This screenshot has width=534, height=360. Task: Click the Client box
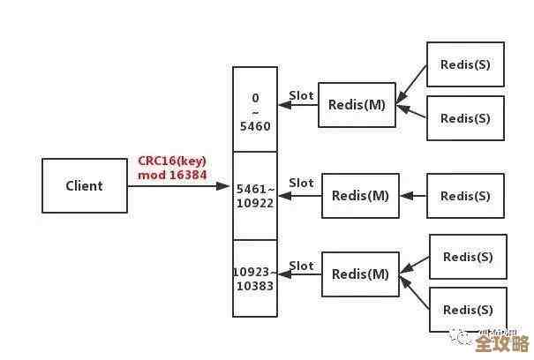point(85,186)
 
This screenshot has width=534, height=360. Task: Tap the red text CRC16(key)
point(171,161)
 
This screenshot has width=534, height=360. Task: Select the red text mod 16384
point(171,175)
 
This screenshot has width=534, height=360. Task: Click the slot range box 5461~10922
point(254,195)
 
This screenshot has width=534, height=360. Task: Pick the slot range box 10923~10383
point(254,278)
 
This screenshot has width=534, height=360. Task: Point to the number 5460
point(255,126)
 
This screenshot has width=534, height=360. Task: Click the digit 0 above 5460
point(255,97)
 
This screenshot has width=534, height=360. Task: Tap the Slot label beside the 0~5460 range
point(301,95)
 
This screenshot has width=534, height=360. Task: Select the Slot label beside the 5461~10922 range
point(301,183)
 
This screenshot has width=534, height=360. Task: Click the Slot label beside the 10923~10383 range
point(301,266)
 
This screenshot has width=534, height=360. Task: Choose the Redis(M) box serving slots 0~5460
point(357,105)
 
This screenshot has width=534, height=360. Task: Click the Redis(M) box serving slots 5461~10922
point(360,195)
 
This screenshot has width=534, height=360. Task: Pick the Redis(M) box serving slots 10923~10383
point(360,274)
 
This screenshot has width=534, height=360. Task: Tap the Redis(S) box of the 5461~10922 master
point(465,195)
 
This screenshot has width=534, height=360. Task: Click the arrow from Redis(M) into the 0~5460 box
point(297,105)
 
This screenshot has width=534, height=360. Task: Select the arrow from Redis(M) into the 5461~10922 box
point(299,195)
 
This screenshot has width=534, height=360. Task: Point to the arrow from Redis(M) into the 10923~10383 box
point(299,274)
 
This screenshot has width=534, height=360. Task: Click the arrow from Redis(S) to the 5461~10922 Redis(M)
point(413,195)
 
